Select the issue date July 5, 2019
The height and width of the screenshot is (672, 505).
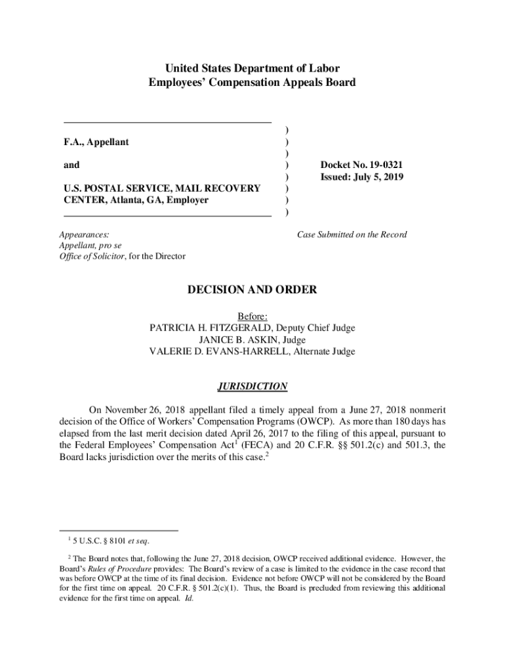tap(380, 177)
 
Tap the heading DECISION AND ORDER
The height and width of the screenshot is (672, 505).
tap(252, 289)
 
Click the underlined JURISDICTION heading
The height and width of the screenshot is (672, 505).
tap(252, 387)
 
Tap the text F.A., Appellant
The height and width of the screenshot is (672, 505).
tap(96, 142)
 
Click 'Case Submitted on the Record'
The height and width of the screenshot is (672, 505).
tap(352, 234)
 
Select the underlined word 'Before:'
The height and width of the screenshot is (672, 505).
tap(252, 317)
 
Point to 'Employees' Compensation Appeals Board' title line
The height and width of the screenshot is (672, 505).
tap(252, 83)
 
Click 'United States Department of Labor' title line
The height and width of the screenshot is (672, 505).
tap(252, 68)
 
